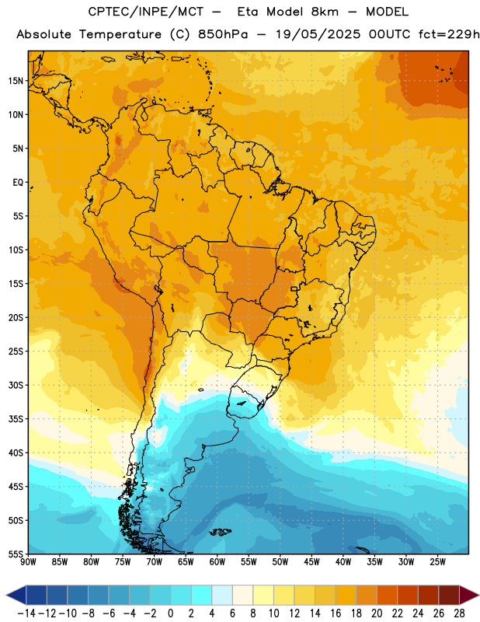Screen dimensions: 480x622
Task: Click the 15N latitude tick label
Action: coord(16,81)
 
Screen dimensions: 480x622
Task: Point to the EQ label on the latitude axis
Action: coord(18,183)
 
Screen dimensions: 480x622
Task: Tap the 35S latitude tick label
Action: coord(16,419)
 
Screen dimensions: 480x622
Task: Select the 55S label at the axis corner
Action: coord(16,554)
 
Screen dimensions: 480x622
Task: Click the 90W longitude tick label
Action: coord(28,562)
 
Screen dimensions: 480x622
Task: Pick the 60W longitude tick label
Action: coord(217,562)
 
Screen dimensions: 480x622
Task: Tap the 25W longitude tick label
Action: coord(437,562)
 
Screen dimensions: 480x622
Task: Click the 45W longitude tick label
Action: coord(311,562)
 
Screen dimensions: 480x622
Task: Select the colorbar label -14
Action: coord(27,613)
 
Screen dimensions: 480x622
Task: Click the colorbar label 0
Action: coord(170,613)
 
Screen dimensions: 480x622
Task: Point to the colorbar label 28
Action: coord(459,613)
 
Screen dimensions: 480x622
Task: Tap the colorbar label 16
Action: coord(336,613)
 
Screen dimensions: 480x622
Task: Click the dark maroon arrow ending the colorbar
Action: coord(469,595)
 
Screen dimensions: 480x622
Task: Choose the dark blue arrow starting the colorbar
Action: coord(16,595)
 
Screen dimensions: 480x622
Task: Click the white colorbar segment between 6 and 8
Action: coord(242,595)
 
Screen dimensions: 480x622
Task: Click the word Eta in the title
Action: coord(248,12)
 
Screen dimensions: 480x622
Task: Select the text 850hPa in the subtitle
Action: coord(223,34)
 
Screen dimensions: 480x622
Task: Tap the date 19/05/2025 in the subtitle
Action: coord(318,34)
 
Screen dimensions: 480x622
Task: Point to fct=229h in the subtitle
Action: coord(449,34)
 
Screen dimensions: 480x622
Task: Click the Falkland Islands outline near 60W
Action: coord(221,532)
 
